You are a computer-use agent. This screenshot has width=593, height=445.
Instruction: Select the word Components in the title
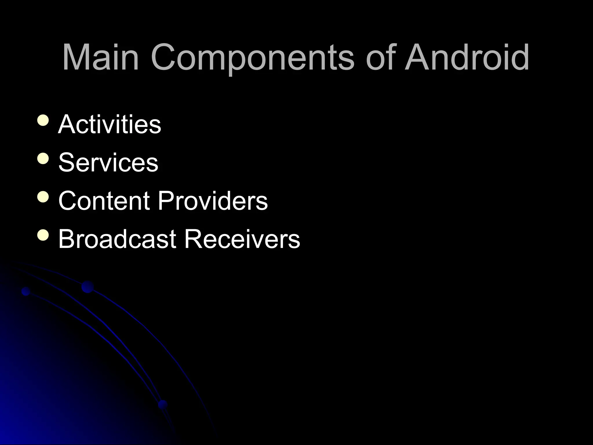pyautogui.click(x=252, y=58)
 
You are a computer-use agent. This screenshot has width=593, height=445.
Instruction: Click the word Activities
pyautogui.click(x=109, y=124)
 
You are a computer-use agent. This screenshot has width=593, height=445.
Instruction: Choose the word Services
pyautogui.click(x=108, y=163)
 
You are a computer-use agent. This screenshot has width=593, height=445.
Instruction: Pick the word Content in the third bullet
pyautogui.click(x=104, y=201)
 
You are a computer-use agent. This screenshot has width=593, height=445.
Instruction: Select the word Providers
pyautogui.click(x=213, y=201)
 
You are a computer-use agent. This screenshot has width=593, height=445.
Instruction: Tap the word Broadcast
pyautogui.click(x=117, y=239)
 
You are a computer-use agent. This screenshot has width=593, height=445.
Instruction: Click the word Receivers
pyautogui.click(x=242, y=239)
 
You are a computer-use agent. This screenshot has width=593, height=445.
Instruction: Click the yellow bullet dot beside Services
pyautogui.click(x=43, y=159)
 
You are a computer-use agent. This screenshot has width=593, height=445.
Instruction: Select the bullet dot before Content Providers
pyautogui.click(x=43, y=197)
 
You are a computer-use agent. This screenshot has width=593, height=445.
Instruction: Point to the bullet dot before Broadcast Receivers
pyautogui.click(x=43, y=235)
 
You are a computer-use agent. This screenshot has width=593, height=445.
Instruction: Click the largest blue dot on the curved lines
pyautogui.click(x=87, y=287)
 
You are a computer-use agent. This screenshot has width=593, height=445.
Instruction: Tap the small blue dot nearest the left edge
pyautogui.click(x=26, y=291)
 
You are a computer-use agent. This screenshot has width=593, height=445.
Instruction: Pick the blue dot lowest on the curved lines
pyautogui.click(x=163, y=405)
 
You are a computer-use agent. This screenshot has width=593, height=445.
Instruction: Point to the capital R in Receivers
pyautogui.click(x=192, y=239)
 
